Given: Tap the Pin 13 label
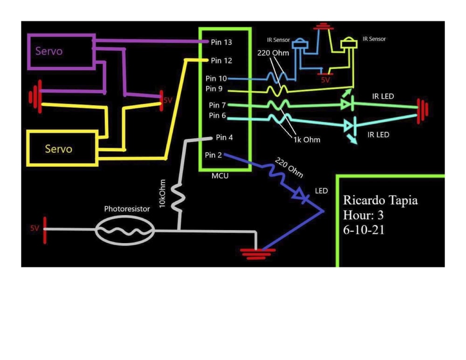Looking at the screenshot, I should click(221, 42).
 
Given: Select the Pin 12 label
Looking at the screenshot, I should click(221, 61).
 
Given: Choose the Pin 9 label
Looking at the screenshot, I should click(214, 88).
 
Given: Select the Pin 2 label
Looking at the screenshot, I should click(213, 155).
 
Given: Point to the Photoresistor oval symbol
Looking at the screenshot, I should click(124, 230).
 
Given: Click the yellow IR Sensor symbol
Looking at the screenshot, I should click(349, 44).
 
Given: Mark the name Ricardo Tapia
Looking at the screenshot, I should click(380, 201).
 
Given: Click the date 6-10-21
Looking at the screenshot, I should click(363, 230).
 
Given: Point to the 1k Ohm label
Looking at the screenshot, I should click(307, 139).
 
